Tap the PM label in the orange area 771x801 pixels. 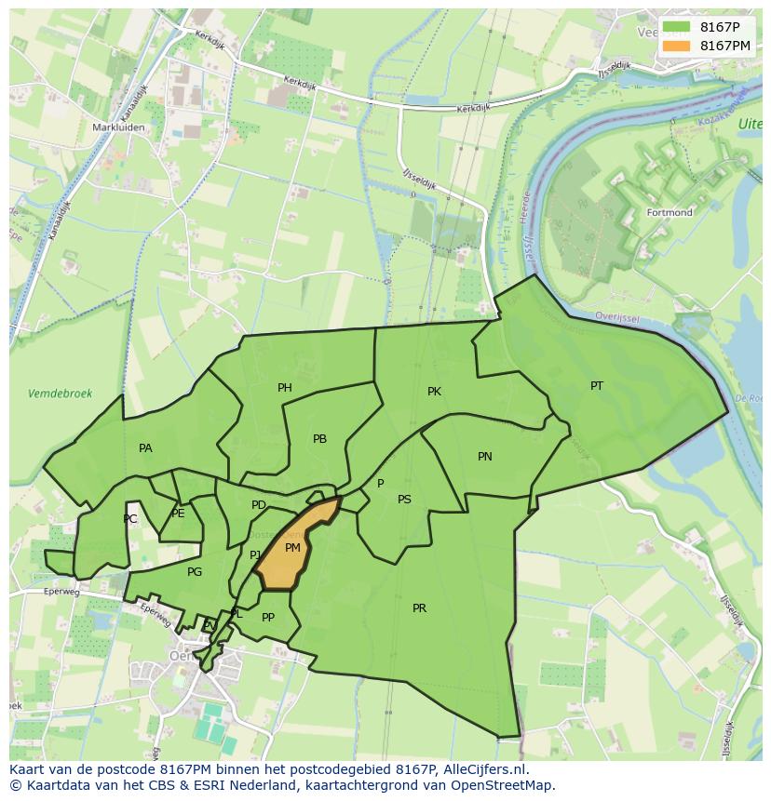coord(292,548)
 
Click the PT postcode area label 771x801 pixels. coord(597,386)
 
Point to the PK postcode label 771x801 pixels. coord(434,392)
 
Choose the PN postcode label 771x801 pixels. coord(485,457)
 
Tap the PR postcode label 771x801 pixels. coord(419,608)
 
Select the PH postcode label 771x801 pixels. coord(285,388)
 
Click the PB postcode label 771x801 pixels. coord(319,439)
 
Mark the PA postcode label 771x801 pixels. coord(145,448)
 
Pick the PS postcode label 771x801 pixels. coord(404,500)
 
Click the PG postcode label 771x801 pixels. coord(195,572)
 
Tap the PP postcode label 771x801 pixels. coord(268,618)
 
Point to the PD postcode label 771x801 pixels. coord(259,505)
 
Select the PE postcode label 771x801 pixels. coord(178,514)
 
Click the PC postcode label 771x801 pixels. coord(130,519)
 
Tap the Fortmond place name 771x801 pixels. coord(670,213)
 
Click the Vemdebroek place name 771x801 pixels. coord(61,394)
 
